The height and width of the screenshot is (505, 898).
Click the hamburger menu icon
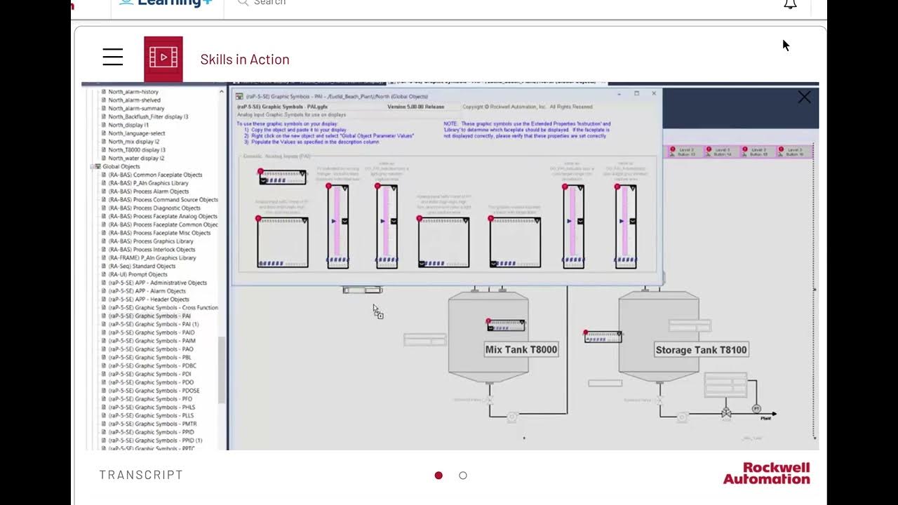113,58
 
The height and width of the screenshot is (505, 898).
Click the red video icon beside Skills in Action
163,59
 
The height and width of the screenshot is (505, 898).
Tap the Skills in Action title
245,60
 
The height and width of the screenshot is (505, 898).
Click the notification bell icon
790,4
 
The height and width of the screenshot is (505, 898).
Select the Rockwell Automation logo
766,473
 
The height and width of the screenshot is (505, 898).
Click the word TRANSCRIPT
141,475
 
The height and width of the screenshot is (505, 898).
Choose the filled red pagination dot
438,476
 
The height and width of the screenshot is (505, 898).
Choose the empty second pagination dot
463,476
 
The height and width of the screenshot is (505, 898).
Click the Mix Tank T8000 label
521,349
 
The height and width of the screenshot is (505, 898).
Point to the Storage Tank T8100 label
701,349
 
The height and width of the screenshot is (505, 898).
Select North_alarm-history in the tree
133,92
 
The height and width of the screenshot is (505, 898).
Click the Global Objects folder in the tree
121,167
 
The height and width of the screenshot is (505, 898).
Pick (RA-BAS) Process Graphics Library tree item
151,241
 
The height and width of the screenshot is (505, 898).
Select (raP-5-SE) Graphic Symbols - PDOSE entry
154,391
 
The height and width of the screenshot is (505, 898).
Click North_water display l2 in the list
136,159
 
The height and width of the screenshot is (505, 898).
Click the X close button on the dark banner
804,97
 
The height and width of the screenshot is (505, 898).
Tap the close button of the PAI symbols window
654,93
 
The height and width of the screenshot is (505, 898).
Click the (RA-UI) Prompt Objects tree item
138,274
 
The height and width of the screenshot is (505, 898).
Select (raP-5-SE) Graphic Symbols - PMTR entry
152,424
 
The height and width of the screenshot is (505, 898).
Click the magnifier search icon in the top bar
243,3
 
